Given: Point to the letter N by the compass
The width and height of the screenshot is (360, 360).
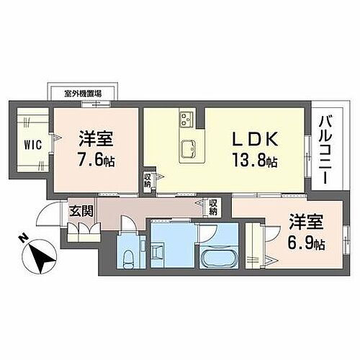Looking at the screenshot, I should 24,238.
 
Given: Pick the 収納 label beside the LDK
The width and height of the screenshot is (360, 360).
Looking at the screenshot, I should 147,179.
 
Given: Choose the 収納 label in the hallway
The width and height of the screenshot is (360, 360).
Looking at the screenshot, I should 214,207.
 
